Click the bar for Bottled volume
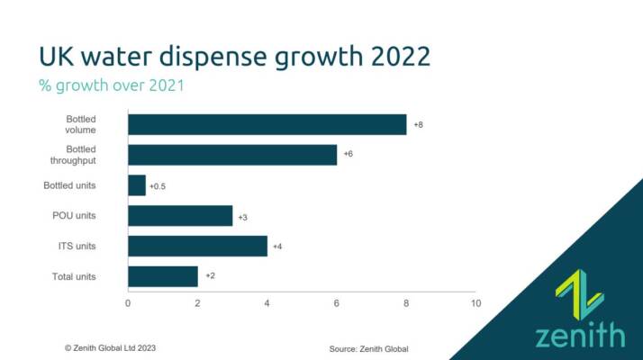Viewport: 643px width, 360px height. click(x=267, y=124)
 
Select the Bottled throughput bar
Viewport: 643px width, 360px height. click(x=232, y=155)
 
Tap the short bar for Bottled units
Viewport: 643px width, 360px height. click(x=137, y=185)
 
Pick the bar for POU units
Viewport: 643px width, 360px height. click(x=180, y=216)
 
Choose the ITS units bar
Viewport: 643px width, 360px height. click(x=197, y=246)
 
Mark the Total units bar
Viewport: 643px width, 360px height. click(x=163, y=276)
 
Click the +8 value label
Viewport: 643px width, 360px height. click(x=418, y=124)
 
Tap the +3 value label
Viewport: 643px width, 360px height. click(x=242, y=216)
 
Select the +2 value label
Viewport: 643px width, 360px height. click(x=210, y=276)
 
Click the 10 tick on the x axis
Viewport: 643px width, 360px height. click(x=475, y=303)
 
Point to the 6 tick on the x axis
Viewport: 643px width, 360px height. click(x=337, y=303)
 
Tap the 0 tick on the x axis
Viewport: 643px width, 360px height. click(x=128, y=303)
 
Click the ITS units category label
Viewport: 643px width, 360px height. click(x=77, y=246)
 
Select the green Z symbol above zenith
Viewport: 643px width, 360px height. click(x=580, y=294)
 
